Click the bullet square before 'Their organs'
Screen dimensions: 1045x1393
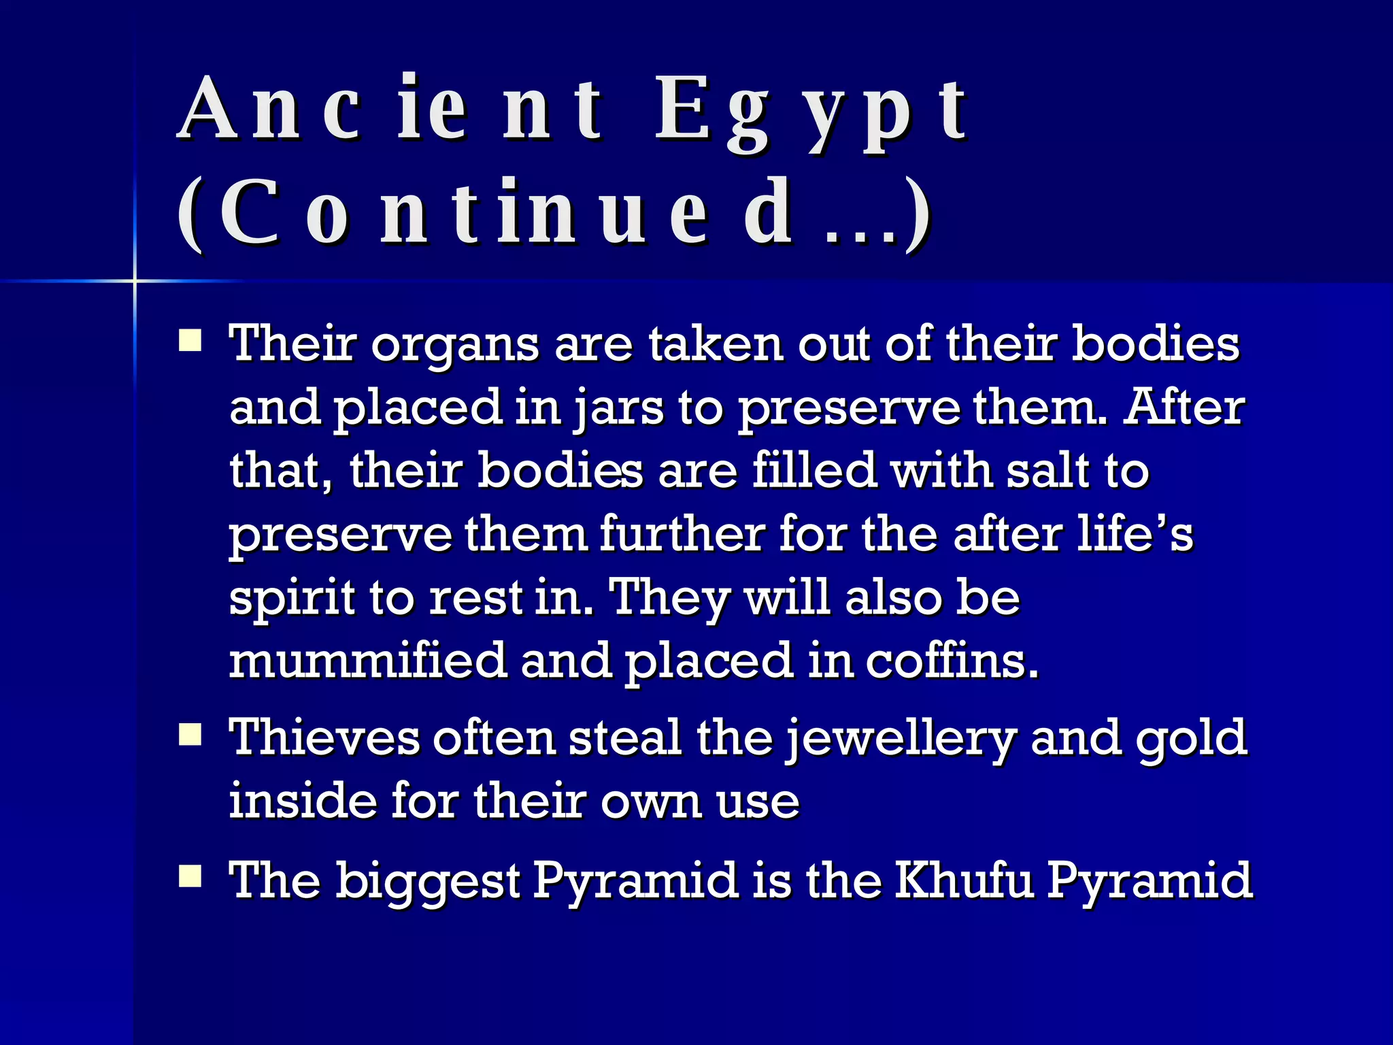190,340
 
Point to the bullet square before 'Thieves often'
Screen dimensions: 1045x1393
190,735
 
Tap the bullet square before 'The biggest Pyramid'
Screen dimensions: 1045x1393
190,877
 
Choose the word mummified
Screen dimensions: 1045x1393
368,661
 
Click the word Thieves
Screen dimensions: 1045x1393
324,737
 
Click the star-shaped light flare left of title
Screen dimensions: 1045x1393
135,280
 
